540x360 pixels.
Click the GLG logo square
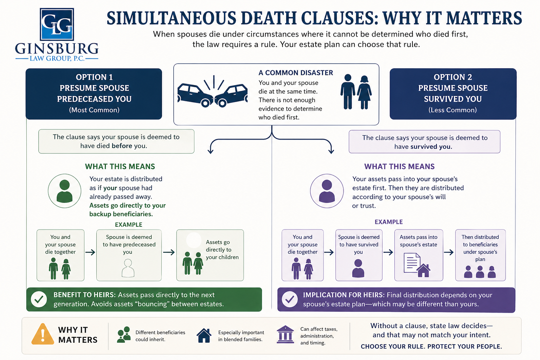[57, 24]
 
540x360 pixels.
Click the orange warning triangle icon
[43, 335]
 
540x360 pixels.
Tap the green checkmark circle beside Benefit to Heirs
[39, 300]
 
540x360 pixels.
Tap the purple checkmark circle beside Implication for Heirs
[290, 300]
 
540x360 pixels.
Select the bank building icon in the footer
[285, 334]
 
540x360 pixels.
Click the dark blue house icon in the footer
[204, 335]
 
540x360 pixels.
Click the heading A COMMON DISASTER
[296, 73]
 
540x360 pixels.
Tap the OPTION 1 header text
[94, 77]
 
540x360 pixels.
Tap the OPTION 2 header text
[453, 77]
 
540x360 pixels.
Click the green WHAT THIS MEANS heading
[120, 167]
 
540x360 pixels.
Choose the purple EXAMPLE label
[388, 222]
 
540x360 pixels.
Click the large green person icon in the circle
[64, 191]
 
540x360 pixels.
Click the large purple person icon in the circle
[327, 191]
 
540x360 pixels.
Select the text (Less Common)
[452, 110]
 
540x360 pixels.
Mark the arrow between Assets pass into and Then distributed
[449, 252]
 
